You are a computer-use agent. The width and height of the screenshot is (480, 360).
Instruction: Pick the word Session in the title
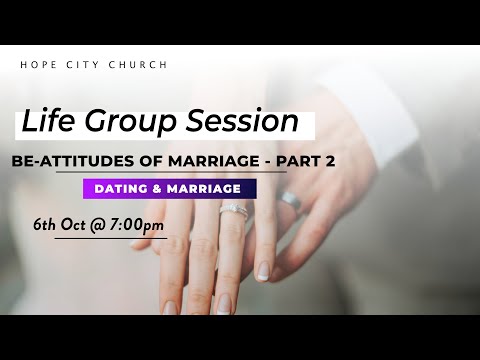pos(250,123)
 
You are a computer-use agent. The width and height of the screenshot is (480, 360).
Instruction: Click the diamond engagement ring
pos(232,212)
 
